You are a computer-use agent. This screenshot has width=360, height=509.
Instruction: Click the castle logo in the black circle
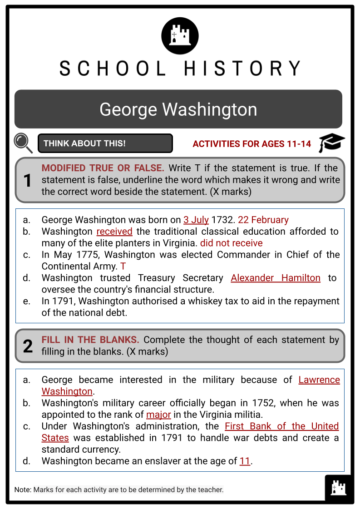[180, 35]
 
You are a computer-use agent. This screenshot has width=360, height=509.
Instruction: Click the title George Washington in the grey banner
[178, 109]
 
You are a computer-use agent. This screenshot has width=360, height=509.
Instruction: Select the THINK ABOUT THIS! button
[105, 143]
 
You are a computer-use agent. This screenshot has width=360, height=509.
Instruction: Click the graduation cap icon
[331, 143]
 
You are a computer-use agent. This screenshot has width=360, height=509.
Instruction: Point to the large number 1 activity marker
[28, 181]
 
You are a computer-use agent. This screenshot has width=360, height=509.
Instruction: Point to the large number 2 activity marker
[28, 346]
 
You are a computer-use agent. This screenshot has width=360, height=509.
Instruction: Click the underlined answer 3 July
[196, 220]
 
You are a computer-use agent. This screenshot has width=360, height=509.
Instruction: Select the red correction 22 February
[263, 220]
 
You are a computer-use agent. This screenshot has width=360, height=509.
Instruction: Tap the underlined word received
[114, 232]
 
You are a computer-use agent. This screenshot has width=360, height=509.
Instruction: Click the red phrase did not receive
[232, 243]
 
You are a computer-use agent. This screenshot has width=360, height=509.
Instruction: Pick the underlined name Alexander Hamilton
[276, 278]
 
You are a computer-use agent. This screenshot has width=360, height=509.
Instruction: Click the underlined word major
[158, 415]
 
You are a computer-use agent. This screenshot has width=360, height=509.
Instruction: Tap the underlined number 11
[245, 461]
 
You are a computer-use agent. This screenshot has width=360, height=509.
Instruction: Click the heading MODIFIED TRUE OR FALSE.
[103, 168]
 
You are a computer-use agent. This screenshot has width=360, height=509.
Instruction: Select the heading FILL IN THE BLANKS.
[90, 340]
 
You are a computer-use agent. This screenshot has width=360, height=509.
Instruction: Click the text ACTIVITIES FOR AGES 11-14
[252, 144]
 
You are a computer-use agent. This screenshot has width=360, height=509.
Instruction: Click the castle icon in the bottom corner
[339, 488]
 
